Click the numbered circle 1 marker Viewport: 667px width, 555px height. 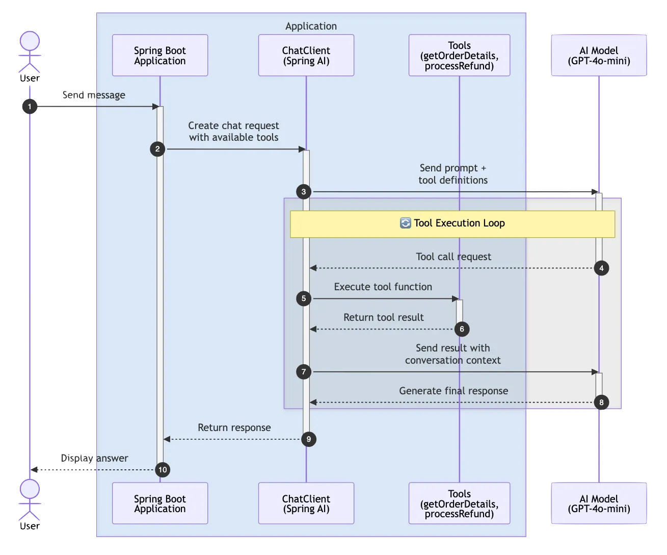tap(30, 107)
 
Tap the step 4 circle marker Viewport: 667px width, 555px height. tap(601, 268)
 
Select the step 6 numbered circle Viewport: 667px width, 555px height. tap(462, 329)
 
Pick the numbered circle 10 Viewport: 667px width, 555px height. tap(163, 470)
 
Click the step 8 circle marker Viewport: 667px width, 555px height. tap(601, 402)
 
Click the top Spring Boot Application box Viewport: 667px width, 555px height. tap(160, 56)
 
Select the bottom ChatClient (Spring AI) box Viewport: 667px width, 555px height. tap(306, 503)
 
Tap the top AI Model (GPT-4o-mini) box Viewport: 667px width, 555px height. tap(599, 56)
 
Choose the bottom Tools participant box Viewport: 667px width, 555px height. tap(459, 503)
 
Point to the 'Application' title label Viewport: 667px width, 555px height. tap(311, 26)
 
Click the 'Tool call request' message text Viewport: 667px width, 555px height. tap(453, 257)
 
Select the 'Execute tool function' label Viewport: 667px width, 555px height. tap(383, 287)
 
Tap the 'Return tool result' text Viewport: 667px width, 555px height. tap(383, 317)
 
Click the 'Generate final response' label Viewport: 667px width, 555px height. tap(453, 391)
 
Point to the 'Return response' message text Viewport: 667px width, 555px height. tap(234, 427)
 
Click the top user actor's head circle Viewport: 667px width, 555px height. tap(30, 41)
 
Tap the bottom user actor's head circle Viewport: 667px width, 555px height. tap(30, 489)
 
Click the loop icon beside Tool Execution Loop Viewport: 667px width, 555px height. tap(405, 223)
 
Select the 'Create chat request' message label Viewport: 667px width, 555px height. tap(233, 131)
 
